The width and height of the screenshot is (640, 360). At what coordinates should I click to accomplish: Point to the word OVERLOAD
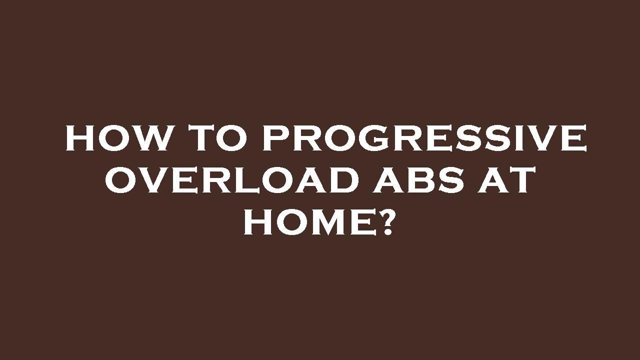231,180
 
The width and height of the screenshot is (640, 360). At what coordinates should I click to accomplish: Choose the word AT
508,180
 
